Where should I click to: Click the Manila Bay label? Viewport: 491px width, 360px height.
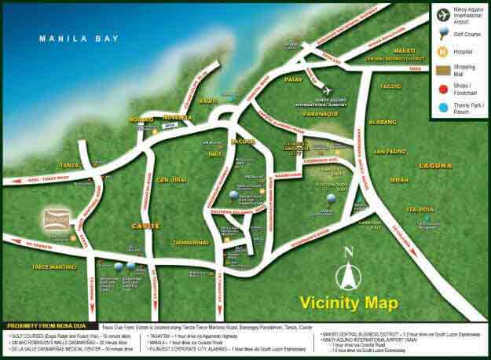[x=79, y=37]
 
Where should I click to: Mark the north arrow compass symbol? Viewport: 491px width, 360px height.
[x=347, y=270]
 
